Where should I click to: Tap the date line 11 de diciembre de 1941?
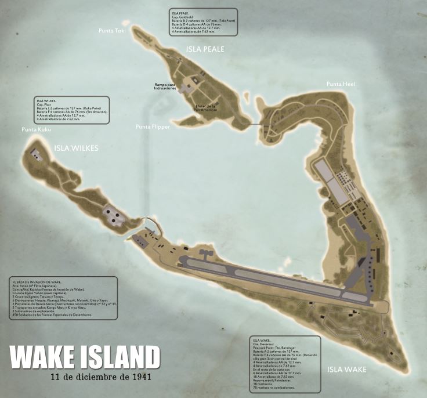pyautogui.click(x=108, y=377)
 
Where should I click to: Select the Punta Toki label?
pyautogui.click(x=112, y=31)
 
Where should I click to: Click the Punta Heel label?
pyautogui.click(x=341, y=85)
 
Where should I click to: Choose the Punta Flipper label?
pyautogui.click(x=153, y=126)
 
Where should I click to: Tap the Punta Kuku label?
pyautogui.click(x=37, y=129)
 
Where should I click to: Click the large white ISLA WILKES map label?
pyautogui.click(x=77, y=148)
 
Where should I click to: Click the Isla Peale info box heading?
pyautogui.click(x=181, y=12)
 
